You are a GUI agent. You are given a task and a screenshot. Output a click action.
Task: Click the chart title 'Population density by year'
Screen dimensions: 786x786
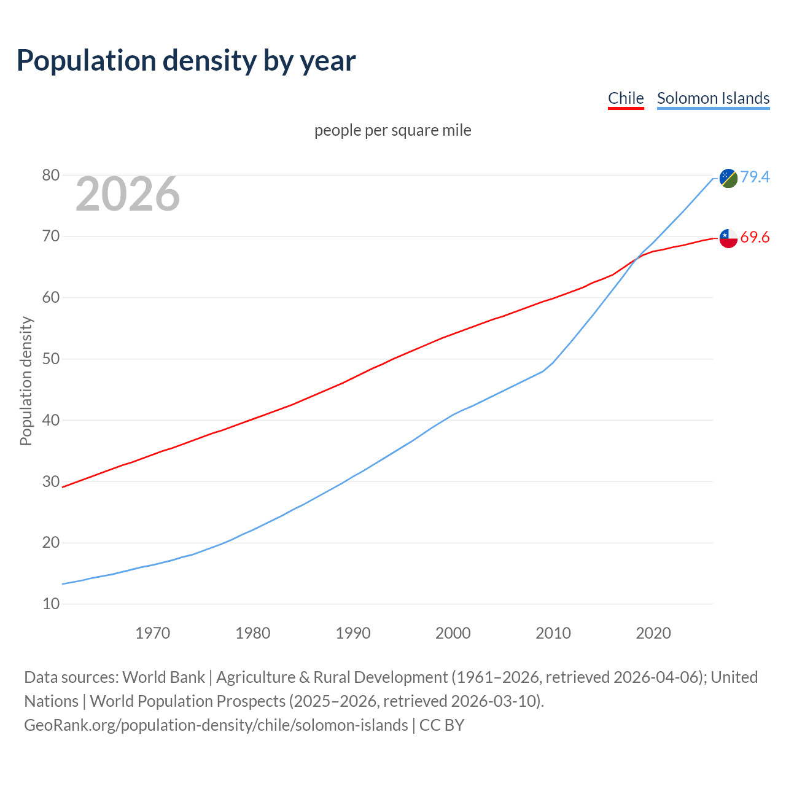pos(186,60)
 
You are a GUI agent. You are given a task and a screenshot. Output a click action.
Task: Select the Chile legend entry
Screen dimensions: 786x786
pos(626,98)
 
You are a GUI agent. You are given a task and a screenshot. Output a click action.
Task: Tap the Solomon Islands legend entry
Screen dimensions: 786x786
pos(713,98)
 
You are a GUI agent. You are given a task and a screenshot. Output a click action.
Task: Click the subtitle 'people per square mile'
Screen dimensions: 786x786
pos(393,130)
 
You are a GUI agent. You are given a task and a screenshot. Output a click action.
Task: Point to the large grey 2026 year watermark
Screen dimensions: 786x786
pos(128,194)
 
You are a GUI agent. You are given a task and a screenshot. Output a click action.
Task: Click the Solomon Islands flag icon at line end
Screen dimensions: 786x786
pos(728,178)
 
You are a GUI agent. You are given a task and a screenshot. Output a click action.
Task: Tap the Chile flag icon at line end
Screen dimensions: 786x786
pos(728,238)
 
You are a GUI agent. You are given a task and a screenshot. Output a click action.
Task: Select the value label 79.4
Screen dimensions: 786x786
pos(755,177)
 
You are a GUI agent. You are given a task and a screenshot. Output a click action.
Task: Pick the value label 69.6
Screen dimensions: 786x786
pos(755,237)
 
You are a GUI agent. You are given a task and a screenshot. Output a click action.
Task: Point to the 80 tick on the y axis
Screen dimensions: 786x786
pos(51,176)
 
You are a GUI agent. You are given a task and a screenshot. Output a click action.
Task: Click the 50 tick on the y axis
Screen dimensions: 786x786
pos(51,359)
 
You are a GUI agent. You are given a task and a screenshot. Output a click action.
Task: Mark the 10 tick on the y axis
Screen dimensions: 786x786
pos(51,604)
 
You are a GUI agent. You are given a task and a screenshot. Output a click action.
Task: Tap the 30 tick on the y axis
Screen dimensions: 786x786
pos(51,482)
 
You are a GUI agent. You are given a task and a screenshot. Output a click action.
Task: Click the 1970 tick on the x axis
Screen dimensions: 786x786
pos(153,633)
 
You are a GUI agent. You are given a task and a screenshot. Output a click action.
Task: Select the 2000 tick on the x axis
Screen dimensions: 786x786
pos(453,633)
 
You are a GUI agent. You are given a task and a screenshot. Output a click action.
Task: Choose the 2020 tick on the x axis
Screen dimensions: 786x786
pos(653,633)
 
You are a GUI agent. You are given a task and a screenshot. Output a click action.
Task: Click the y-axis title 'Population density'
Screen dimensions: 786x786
pos(26,381)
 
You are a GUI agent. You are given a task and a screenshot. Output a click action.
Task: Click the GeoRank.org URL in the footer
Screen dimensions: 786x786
pos(216,725)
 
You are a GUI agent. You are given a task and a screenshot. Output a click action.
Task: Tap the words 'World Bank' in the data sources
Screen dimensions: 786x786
pos(163,677)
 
